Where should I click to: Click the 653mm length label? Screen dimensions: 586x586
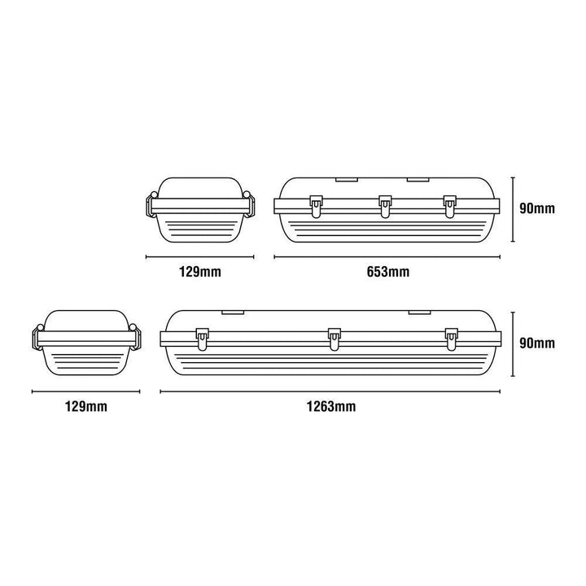(x=388, y=272)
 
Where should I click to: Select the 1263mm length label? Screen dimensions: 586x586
(x=331, y=406)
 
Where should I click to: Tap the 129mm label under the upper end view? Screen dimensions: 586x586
(x=200, y=272)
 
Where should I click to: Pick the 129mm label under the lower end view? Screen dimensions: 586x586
(x=86, y=406)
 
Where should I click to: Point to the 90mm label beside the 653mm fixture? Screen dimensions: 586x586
(x=537, y=208)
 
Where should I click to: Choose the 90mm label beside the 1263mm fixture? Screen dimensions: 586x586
(x=537, y=343)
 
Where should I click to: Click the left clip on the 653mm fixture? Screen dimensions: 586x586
(x=316, y=206)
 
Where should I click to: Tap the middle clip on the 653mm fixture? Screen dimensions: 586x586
(x=385, y=206)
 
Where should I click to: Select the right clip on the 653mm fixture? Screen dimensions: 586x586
(x=450, y=206)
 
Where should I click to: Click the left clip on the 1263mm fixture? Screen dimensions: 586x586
(x=202, y=339)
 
